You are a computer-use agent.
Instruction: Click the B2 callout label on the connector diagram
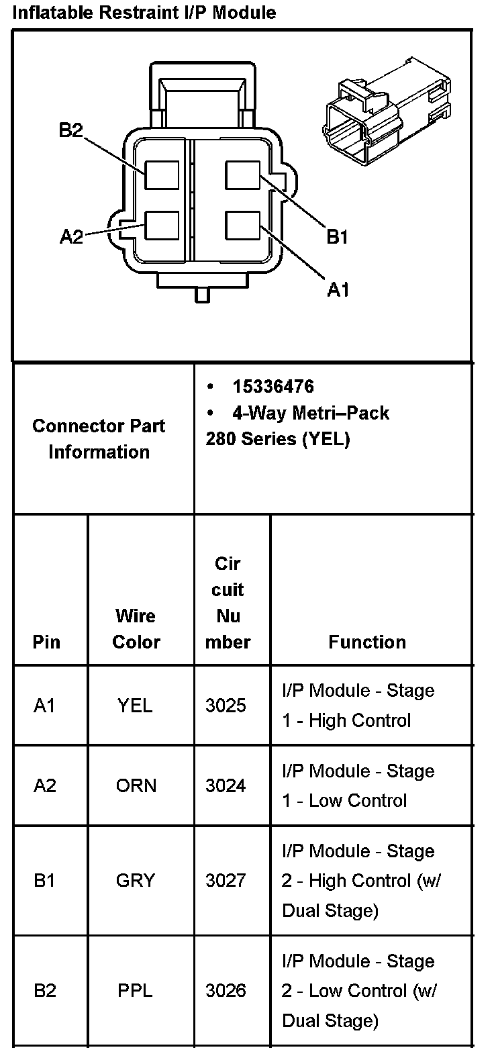(x=70, y=130)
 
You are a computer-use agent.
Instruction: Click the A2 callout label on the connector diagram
(x=71, y=236)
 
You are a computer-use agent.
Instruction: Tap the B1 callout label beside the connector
(x=337, y=236)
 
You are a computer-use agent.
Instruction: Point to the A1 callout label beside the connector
(x=338, y=289)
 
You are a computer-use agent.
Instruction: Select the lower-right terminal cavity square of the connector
(x=242, y=226)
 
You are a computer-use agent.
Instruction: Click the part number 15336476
(x=273, y=387)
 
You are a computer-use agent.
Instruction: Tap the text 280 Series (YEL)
(x=278, y=439)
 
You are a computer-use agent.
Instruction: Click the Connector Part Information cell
(x=99, y=438)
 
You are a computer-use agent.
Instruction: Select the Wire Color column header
(x=136, y=628)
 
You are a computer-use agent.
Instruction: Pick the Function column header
(x=367, y=642)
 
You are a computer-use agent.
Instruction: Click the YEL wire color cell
(x=135, y=706)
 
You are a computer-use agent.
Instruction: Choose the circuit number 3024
(x=226, y=785)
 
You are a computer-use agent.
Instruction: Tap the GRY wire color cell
(x=135, y=880)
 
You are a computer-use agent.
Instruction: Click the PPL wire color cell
(x=135, y=990)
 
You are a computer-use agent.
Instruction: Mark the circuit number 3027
(x=226, y=880)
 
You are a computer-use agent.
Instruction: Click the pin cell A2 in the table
(x=45, y=785)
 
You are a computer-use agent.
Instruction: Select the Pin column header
(x=46, y=642)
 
